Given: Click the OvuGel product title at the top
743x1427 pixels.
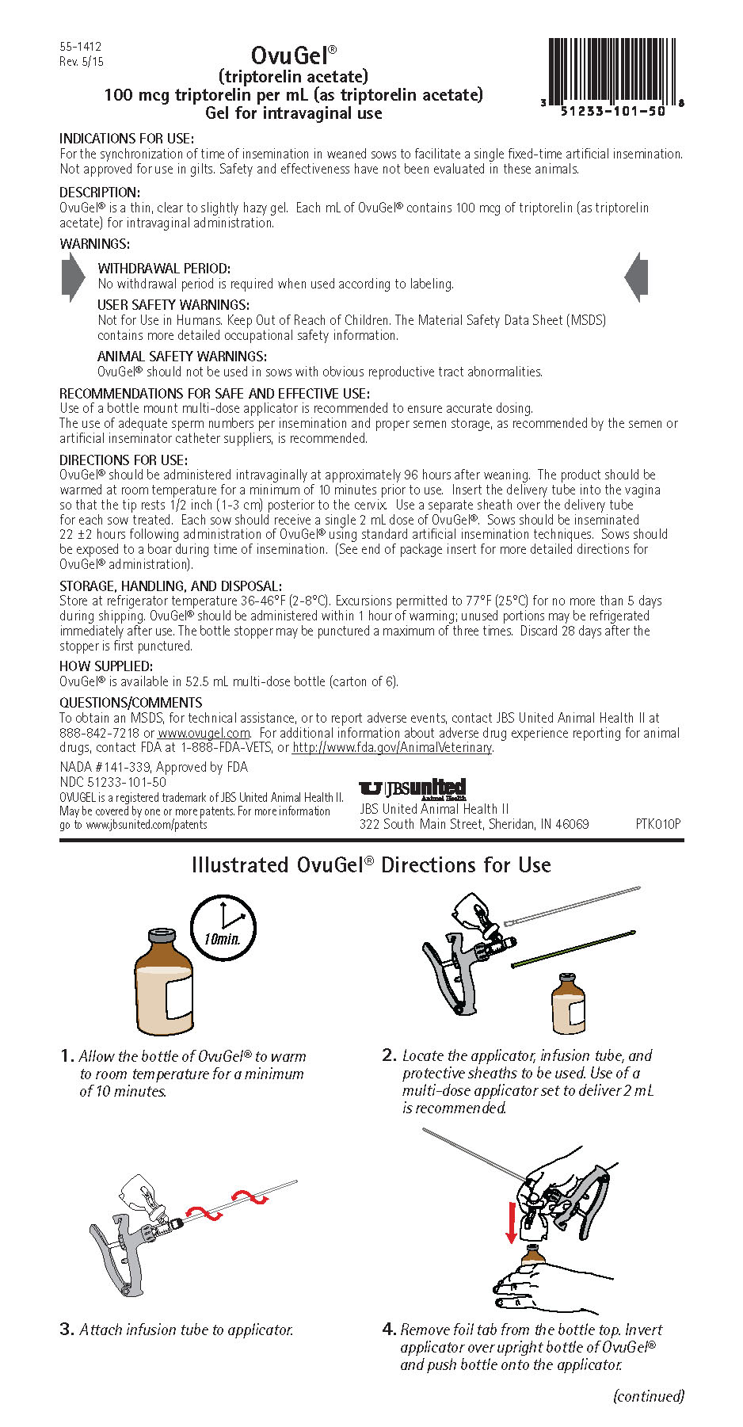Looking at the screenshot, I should [x=293, y=55].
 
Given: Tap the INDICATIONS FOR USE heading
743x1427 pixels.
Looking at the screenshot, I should [x=127, y=139].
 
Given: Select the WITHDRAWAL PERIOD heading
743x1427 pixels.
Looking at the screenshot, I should [x=164, y=269].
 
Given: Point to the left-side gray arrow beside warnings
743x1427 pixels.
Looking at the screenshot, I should [x=73, y=277].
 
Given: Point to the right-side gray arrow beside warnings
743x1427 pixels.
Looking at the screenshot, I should [x=636, y=277].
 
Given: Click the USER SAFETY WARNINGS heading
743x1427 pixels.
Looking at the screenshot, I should [x=173, y=305].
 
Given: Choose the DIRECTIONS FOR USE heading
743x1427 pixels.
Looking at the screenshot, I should [x=124, y=460].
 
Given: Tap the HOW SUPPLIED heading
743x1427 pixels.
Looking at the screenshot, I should [x=106, y=666].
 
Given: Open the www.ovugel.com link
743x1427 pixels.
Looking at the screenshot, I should [x=204, y=734].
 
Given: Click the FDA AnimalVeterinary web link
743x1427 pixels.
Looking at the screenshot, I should [x=392, y=748].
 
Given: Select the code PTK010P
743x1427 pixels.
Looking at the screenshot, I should [x=657, y=824].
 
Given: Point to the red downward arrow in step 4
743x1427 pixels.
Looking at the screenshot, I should [x=512, y=1223].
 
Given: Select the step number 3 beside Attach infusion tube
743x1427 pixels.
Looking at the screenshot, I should [x=67, y=1330].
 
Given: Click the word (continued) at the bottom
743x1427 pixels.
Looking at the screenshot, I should [x=648, y=1396].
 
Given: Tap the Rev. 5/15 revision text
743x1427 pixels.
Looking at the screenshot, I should [x=82, y=62].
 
